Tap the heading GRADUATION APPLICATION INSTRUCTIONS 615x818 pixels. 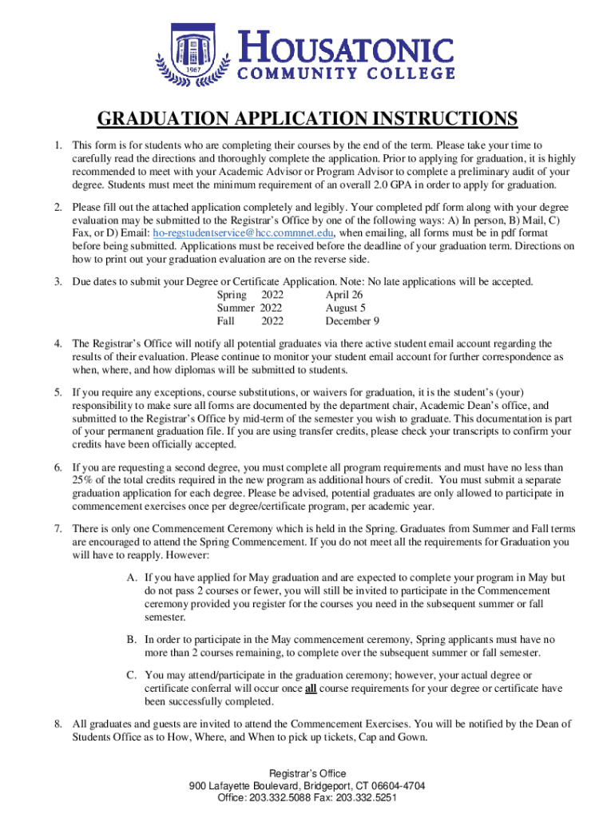click(x=307, y=120)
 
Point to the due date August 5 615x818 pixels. click(x=346, y=308)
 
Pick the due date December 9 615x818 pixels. click(x=352, y=321)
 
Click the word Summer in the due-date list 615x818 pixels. click(x=236, y=308)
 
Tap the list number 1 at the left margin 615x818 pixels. click(x=58, y=145)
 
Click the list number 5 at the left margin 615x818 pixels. click(x=58, y=393)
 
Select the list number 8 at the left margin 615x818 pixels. click(x=58, y=725)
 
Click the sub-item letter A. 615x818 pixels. click(x=130, y=577)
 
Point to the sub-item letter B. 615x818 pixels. click(x=130, y=640)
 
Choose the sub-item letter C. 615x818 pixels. click(x=130, y=675)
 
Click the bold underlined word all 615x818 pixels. click(x=310, y=689)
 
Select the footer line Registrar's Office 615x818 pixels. click(x=307, y=773)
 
